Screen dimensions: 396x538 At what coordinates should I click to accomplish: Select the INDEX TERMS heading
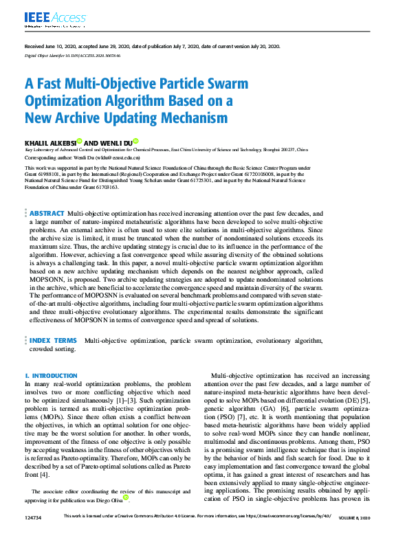(54, 340)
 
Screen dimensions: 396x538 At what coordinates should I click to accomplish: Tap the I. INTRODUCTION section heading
(51, 376)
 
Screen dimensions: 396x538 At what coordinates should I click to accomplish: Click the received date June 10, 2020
(57, 46)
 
